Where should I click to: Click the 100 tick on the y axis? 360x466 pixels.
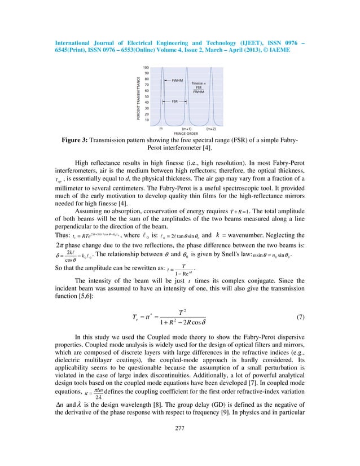[146, 67]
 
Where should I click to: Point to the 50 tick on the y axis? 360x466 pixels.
[146, 96]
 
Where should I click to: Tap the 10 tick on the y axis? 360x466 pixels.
[146, 120]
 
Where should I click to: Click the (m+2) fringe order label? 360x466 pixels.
[211, 128]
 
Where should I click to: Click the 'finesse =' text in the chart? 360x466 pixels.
[200, 82]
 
